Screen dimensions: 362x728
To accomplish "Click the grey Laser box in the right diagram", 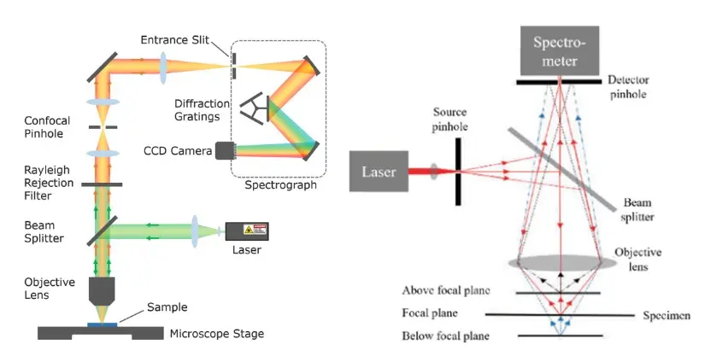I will [379, 172].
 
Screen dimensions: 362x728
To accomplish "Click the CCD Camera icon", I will [226, 151].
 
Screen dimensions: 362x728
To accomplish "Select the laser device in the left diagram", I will [246, 231].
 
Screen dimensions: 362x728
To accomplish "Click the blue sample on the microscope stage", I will [103, 324].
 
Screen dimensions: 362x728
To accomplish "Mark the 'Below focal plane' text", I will [445, 336].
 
